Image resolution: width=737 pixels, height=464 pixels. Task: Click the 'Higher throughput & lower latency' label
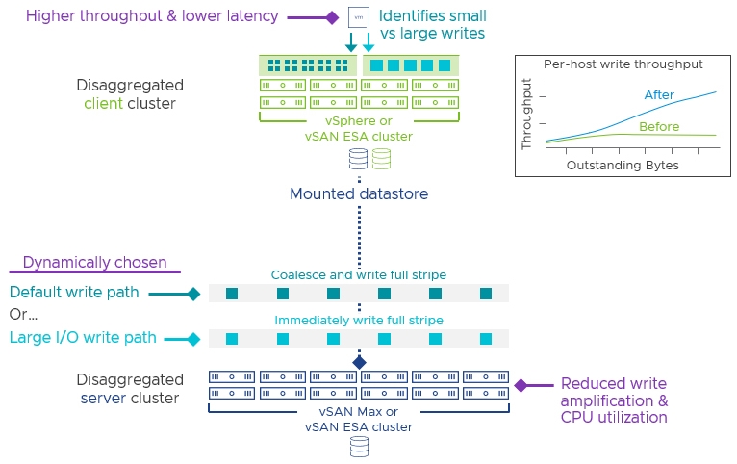152,16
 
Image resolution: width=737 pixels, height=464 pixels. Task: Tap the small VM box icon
359,17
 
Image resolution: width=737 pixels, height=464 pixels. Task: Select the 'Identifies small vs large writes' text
432,24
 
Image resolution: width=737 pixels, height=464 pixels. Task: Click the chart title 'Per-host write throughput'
623,64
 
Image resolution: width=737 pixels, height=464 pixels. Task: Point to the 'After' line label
659,95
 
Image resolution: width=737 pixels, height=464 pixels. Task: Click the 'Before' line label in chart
659,127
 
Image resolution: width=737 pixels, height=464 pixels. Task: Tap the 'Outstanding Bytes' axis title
623,165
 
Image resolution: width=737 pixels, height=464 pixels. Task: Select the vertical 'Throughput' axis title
526,115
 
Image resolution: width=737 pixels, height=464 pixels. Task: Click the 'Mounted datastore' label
359,193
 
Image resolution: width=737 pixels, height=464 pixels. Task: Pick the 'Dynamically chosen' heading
95,262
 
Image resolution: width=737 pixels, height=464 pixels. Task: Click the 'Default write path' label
74,292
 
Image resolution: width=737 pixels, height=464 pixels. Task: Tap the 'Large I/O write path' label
83,338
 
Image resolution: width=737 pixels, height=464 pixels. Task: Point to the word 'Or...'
23,314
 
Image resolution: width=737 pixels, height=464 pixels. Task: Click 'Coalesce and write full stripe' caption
359,275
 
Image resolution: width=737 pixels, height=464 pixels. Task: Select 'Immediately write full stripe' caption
359,321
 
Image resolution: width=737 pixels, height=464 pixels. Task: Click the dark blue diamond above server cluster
359,363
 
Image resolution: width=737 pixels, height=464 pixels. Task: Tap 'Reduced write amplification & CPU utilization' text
614,400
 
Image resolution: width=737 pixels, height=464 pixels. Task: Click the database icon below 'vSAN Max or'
360,447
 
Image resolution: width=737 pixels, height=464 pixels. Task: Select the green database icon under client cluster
381,159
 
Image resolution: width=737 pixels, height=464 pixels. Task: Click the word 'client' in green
103,103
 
